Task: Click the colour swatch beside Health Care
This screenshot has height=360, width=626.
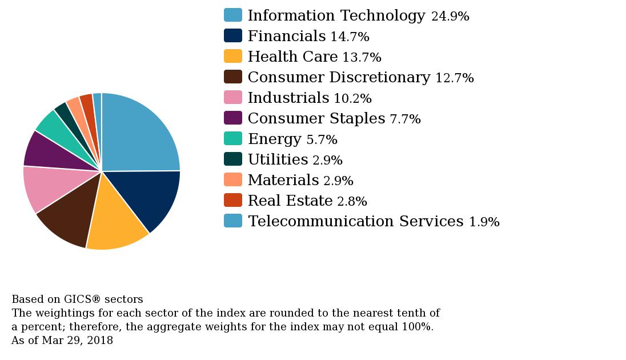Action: click(232, 57)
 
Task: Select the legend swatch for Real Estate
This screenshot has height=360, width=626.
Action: click(232, 201)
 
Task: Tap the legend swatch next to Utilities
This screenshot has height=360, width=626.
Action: click(232, 159)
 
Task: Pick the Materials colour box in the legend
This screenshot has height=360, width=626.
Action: click(232, 180)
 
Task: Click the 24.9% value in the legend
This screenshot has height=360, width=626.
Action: click(450, 17)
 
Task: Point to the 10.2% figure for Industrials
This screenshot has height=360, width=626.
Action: click(352, 99)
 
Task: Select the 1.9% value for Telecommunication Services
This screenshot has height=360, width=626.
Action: click(484, 222)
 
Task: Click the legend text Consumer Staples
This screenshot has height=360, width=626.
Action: click(316, 118)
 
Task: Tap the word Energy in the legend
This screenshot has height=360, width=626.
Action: click(274, 139)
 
